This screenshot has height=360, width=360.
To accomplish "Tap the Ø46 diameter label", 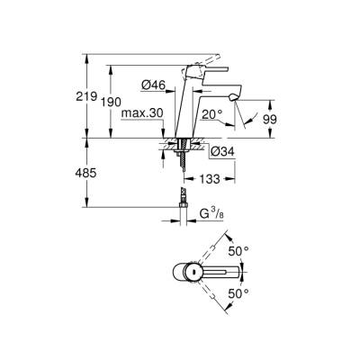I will tap(150, 86).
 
